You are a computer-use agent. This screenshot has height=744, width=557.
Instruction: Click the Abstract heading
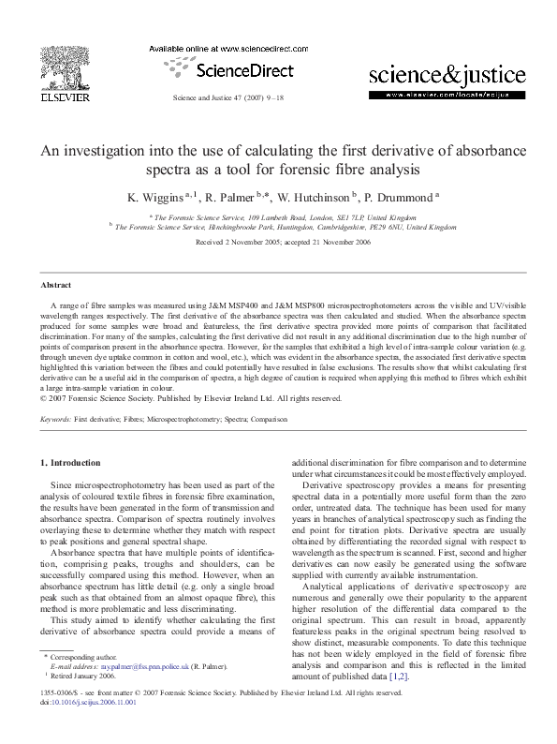(58, 284)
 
